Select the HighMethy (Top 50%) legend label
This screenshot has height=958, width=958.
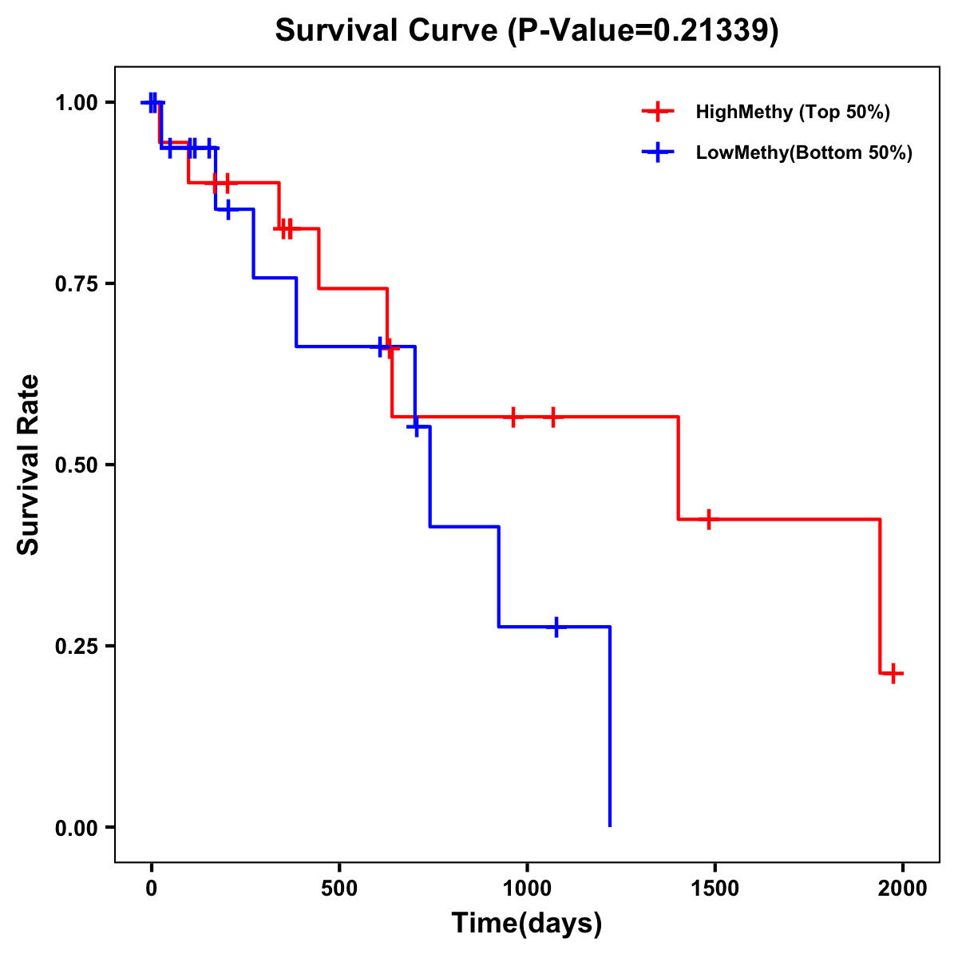click(x=792, y=112)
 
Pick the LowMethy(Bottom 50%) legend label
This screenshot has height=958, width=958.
click(x=804, y=152)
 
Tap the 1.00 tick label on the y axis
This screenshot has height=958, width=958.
click(x=76, y=103)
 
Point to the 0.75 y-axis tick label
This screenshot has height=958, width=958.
click(x=76, y=284)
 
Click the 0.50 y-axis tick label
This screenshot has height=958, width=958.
click(x=76, y=465)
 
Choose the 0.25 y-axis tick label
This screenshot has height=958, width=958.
click(x=76, y=647)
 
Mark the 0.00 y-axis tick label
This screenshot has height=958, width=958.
click(x=76, y=828)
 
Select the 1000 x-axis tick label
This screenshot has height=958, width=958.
click(x=527, y=888)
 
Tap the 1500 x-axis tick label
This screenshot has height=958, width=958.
click(x=715, y=888)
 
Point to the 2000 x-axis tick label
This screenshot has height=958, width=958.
click(x=903, y=888)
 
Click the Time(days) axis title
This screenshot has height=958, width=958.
click(x=527, y=924)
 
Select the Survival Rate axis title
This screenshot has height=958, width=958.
click(x=29, y=465)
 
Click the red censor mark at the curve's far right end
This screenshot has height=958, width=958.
click(x=893, y=673)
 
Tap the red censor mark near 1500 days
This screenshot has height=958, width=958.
click(x=707, y=519)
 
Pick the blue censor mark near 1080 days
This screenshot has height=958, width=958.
click(x=556, y=627)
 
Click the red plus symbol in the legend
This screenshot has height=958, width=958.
click(x=658, y=112)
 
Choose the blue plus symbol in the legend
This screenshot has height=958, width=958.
click(x=658, y=152)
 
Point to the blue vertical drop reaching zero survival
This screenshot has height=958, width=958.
click(x=610, y=726)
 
